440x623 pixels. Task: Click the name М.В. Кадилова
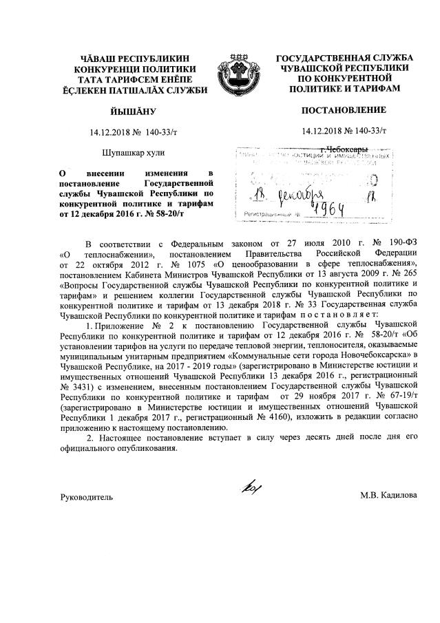pos(388,496)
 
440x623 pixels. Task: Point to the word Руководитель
pos(86,496)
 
